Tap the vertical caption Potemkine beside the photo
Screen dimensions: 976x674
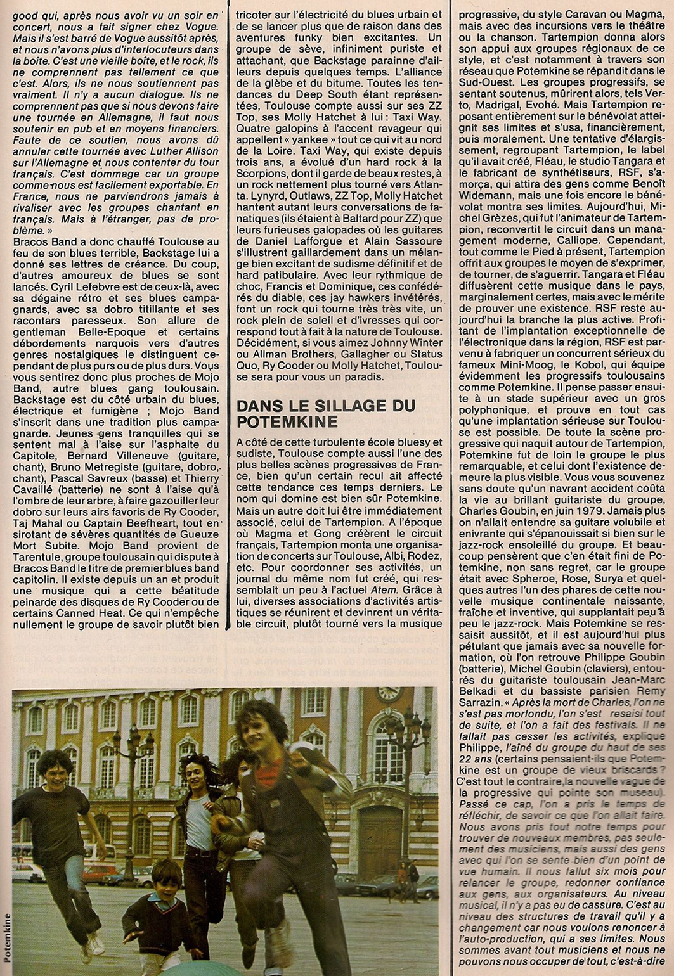pyautogui.click(x=6, y=932)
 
